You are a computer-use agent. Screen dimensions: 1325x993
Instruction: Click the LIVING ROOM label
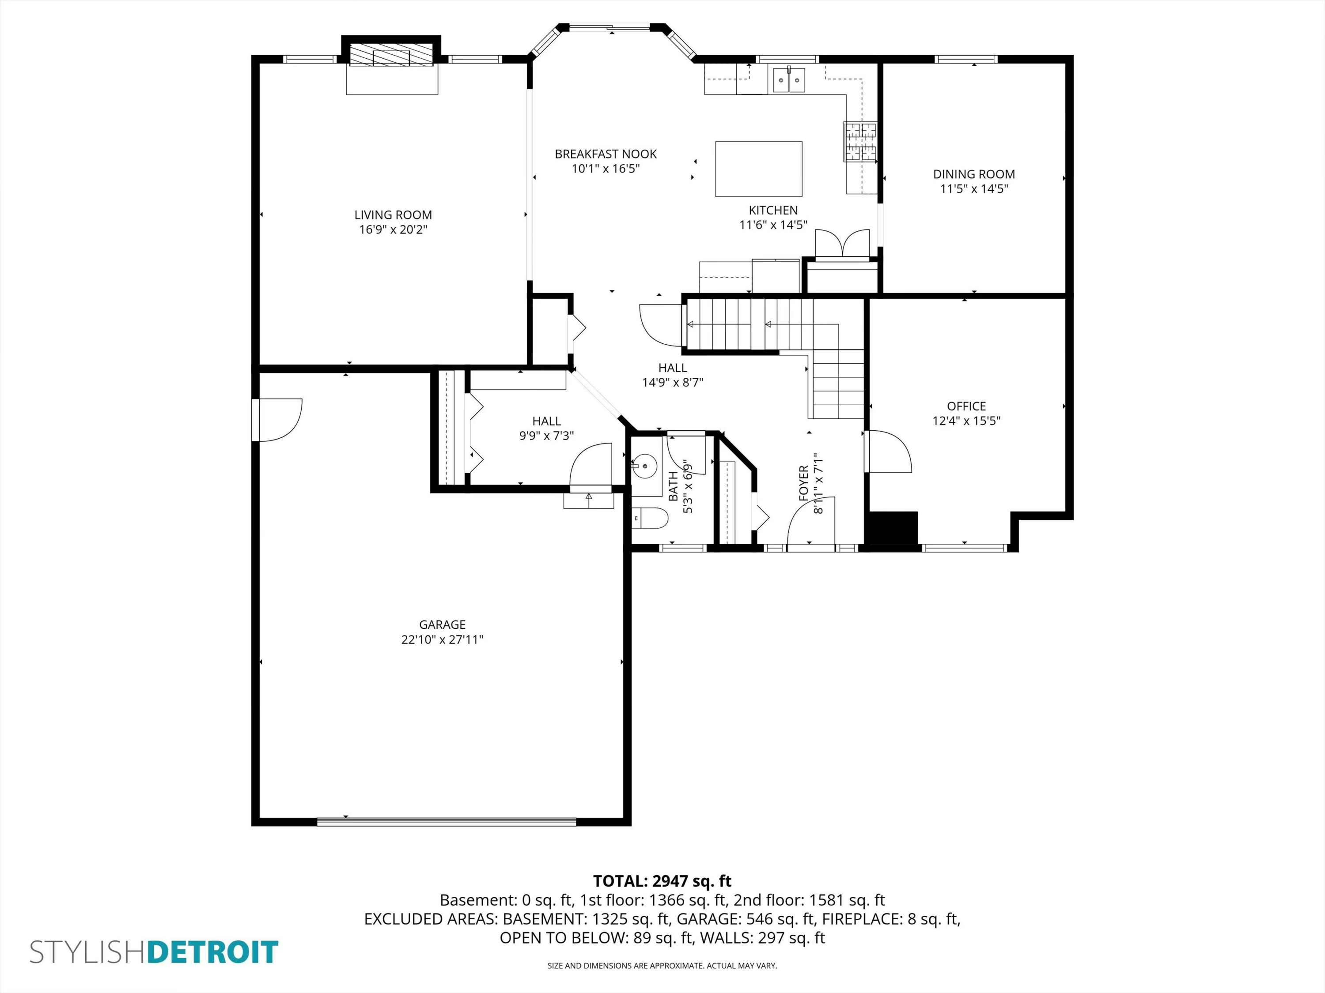point(393,215)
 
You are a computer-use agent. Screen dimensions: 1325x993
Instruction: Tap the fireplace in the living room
point(392,57)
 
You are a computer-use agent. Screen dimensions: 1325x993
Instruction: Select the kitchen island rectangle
point(758,169)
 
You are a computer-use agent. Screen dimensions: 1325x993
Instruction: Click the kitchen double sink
point(789,79)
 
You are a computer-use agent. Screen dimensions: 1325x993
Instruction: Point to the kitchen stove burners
point(860,141)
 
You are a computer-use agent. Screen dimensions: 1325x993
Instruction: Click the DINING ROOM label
point(974,174)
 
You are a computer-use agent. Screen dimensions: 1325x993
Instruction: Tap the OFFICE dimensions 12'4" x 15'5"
point(966,421)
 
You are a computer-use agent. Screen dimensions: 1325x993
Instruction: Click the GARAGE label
point(442,624)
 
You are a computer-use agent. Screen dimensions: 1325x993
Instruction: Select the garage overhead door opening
point(446,822)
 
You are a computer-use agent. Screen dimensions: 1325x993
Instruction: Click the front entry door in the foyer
point(810,522)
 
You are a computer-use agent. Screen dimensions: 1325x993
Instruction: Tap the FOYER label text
point(804,483)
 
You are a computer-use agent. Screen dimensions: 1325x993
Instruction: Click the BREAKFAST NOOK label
point(606,154)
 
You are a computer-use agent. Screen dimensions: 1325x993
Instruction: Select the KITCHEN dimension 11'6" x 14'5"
point(773,225)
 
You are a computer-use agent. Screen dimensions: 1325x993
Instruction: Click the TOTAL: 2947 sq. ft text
point(662,881)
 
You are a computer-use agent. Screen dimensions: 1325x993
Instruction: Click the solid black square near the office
point(893,527)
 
